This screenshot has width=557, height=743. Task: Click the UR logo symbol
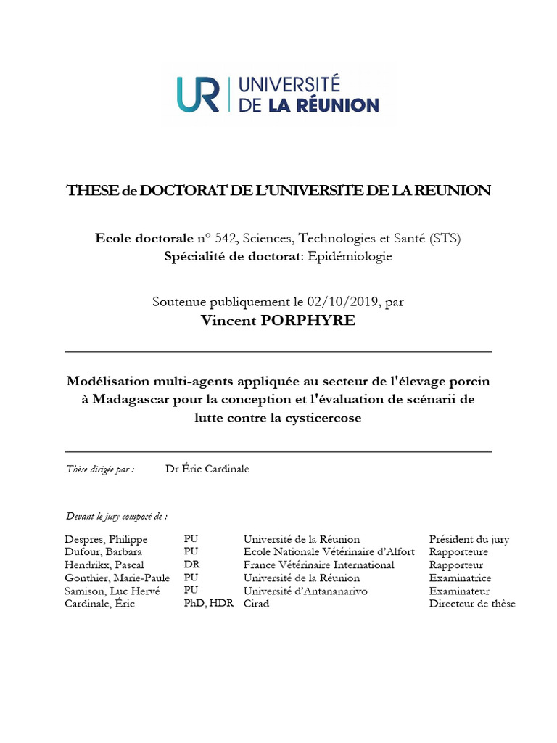(198, 94)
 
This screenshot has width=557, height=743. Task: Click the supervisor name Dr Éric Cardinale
(207, 469)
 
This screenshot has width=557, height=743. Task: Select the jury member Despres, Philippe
(106, 539)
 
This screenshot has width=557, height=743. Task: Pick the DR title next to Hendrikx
(191, 565)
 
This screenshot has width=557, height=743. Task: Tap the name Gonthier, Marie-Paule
(117, 578)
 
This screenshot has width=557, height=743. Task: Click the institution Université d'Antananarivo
(305, 591)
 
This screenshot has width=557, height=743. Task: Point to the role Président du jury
(469, 539)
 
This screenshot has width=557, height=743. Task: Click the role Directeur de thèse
(472, 604)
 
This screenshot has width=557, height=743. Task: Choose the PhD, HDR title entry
(209, 604)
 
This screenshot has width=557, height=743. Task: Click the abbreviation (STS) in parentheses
(444, 238)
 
